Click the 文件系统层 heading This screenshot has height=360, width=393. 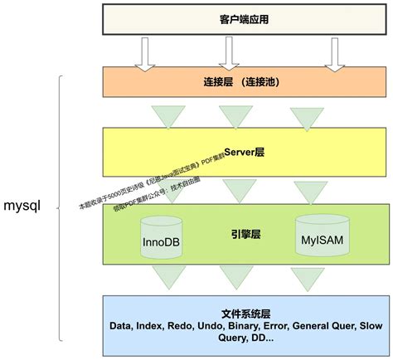click(246, 314)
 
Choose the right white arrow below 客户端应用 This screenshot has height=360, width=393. click(334, 52)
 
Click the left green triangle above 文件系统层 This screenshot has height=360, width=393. click(167, 275)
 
